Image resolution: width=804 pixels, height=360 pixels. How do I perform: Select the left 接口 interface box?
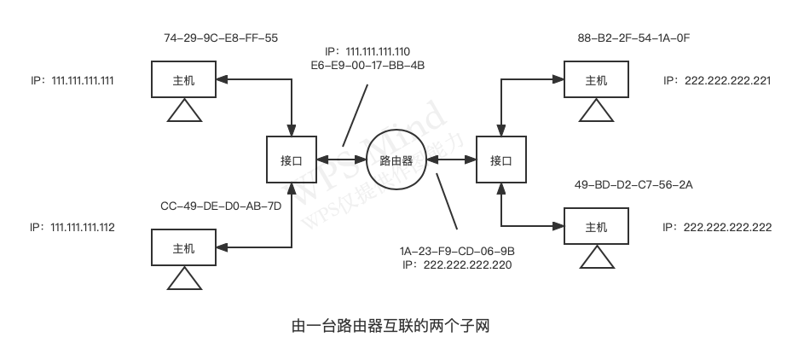[x=292, y=160]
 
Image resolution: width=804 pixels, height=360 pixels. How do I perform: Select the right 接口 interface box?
[x=501, y=160]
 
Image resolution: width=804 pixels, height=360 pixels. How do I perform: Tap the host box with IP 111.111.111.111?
[x=183, y=81]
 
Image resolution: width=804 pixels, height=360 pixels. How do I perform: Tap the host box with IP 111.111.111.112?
[x=183, y=249]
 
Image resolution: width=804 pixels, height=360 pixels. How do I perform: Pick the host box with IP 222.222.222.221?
[x=596, y=81]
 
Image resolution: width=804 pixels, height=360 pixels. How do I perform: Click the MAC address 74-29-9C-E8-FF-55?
[x=221, y=38]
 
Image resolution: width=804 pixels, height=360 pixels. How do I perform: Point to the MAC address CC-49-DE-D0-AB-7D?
[x=221, y=206]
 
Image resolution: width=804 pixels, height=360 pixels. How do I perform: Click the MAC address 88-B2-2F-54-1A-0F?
[x=633, y=38]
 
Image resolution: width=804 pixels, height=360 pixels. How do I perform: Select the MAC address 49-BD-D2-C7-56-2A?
[x=633, y=184]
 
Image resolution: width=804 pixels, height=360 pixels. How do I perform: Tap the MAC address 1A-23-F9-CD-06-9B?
[x=457, y=253]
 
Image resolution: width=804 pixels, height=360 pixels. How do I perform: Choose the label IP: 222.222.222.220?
[x=457, y=265]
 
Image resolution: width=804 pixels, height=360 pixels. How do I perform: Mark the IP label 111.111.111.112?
[x=72, y=228]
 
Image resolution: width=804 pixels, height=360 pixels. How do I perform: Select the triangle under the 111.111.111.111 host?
[x=183, y=113]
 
